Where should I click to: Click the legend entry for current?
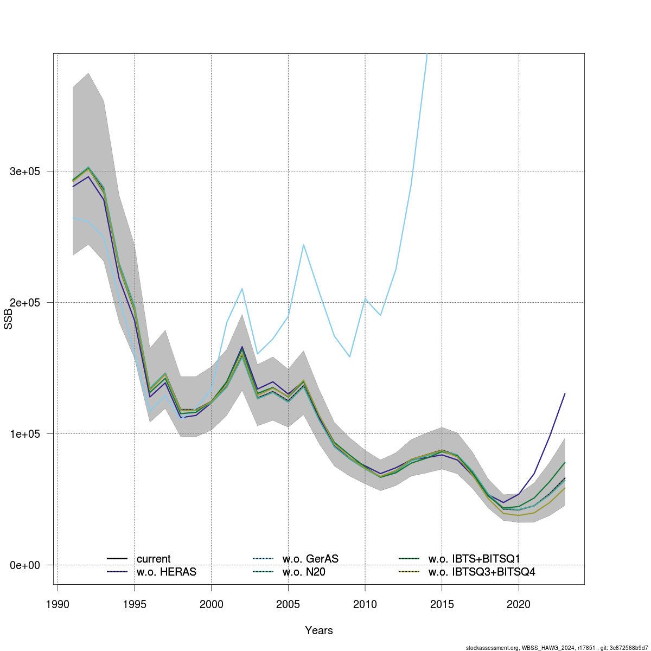154,559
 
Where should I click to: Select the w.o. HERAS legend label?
167,572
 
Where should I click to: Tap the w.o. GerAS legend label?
310,559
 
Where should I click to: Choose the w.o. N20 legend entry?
304,572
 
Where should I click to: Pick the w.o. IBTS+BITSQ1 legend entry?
474,559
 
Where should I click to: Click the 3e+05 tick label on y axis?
25,171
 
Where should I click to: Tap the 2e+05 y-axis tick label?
25,303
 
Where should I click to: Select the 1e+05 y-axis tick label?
25,434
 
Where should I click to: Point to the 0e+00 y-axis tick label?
25,565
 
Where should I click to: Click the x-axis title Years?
319,630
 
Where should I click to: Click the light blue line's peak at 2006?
304,245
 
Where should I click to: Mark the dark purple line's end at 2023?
565,394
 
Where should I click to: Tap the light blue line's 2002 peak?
242,289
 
